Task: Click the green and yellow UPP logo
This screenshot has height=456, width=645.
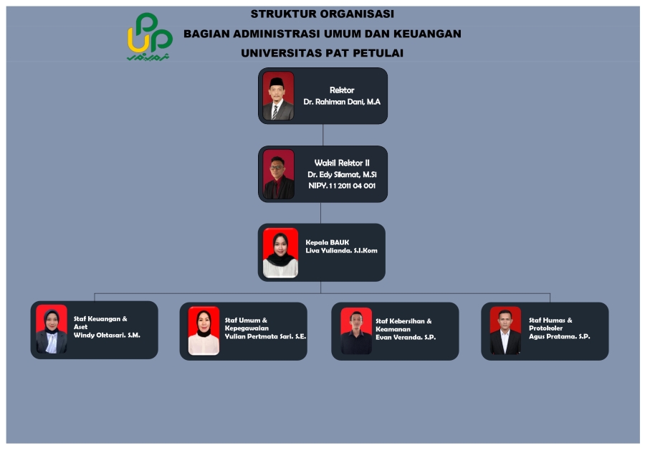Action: [x=150, y=37]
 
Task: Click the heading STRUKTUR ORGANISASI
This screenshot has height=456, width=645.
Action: [x=322, y=14]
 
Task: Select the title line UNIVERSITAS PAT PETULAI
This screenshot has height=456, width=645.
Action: [x=322, y=53]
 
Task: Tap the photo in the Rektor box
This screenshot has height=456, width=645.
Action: [x=278, y=96]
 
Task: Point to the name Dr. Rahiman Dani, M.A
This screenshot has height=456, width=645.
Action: [x=342, y=102]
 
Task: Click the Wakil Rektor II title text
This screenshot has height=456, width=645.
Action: [x=342, y=163]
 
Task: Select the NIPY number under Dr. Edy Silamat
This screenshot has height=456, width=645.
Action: [x=342, y=186]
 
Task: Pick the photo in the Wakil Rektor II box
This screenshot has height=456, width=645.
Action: [x=279, y=174]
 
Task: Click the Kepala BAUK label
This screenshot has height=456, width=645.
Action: [x=327, y=242]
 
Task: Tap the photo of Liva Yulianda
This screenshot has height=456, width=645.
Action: [x=280, y=252]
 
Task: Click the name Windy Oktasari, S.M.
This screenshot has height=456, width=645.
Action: [x=107, y=335]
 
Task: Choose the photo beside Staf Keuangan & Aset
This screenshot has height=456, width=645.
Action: [x=52, y=329]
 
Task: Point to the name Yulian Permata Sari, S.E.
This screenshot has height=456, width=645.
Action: [x=265, y=336]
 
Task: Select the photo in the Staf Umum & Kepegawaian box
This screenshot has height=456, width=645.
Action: [x=204, y=331]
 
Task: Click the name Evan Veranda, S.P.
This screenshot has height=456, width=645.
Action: [x=406, y=337]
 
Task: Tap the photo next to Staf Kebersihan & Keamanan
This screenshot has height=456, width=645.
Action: [x=356, y=331]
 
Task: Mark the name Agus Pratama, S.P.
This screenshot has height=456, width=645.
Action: [x=560, y=336]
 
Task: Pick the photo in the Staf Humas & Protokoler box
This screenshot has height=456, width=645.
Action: [x=505, y=331]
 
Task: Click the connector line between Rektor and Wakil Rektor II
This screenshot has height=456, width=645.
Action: [x=323, y=135]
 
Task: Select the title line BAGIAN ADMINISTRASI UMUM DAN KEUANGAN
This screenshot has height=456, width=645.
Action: [x=322, y=34]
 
